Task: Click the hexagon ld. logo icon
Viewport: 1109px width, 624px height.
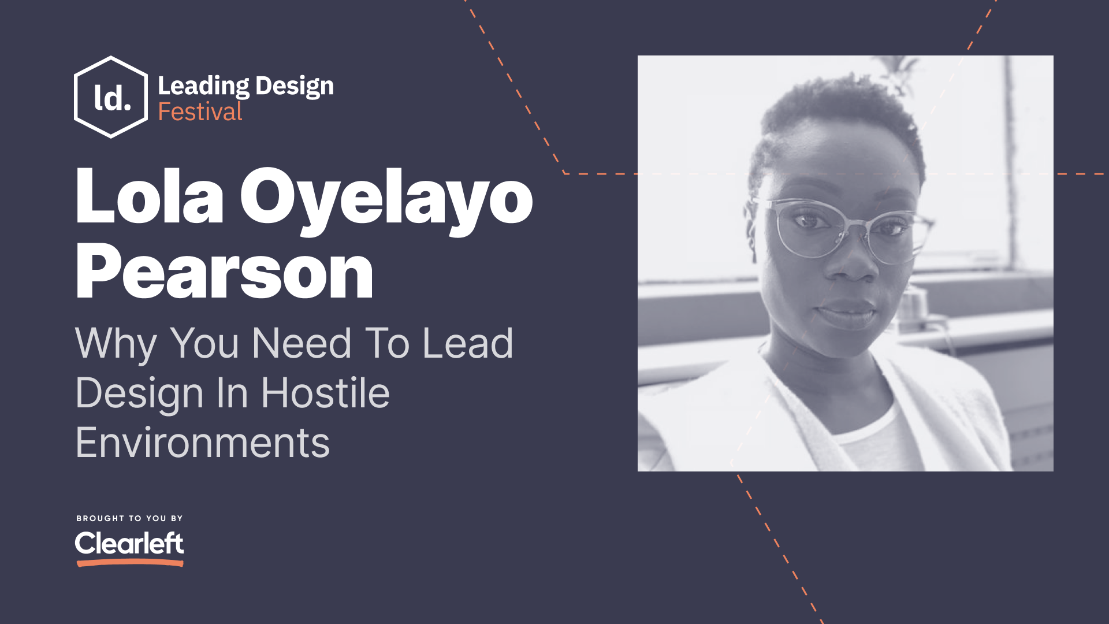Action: (111, 97)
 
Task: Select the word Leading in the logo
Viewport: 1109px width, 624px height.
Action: (203, 86)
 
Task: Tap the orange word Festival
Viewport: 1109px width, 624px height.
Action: (200, 112)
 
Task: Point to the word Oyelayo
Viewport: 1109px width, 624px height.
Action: (386, 199)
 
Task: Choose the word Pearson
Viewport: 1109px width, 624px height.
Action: (224, 272)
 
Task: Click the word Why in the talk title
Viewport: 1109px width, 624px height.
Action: (116, 344)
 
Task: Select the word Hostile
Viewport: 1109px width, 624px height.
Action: (325, 393)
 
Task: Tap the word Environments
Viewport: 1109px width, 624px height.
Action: (202, 443)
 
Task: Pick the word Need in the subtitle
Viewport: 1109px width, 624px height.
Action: (302, 343)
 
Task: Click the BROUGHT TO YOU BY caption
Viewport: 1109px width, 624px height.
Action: (129, 518)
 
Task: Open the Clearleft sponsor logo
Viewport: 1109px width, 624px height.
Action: (129, 543)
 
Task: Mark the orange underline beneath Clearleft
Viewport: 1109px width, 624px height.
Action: (130, 563)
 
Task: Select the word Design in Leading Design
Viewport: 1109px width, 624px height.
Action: (295, 86)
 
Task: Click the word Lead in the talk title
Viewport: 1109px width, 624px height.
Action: (467, 343)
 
